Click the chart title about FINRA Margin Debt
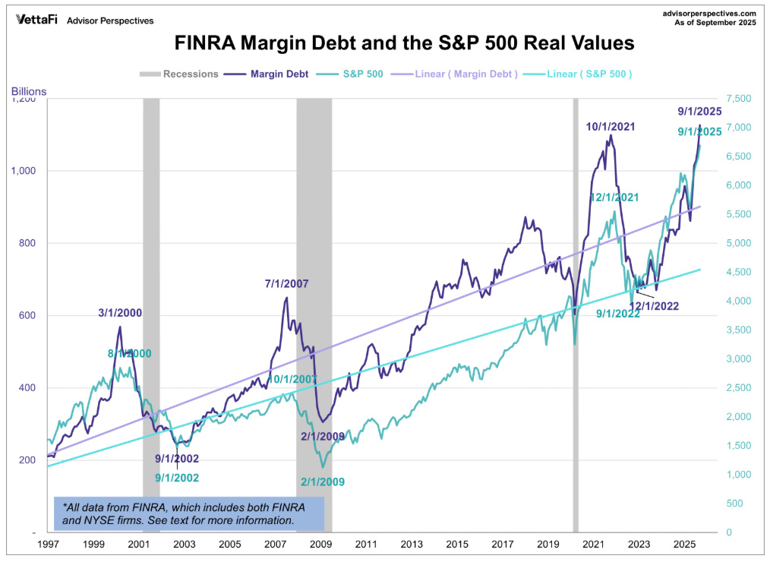(x=404, y=43)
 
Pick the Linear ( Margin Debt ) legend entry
(x=466, y=74)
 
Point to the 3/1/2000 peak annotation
(x=120, y=312)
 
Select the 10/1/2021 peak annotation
(x=610, y=126)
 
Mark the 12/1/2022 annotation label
(x=653, y=306)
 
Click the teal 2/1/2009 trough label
(x=323, y=481)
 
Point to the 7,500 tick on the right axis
(x=739, y=99)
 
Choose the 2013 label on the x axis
(x=411, y=545)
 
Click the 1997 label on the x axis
(x=48, y=545)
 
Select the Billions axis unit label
(x=29, y=91)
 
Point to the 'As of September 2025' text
(x=715, y=23)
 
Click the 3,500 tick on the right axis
(x=739, y=330)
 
